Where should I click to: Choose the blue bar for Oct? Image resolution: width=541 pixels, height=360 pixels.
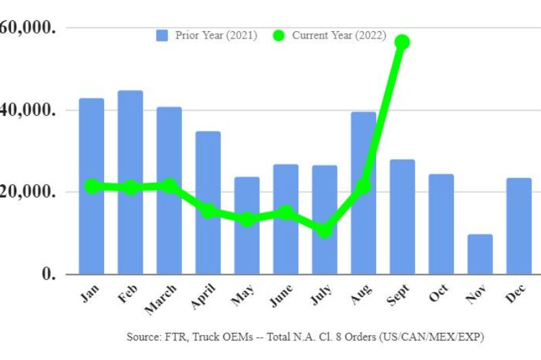pyautogui.click(x=441, y=224)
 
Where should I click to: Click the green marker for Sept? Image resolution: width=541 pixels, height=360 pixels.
pyautogui.click(x=402, y=42)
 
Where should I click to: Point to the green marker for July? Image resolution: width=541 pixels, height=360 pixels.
pyautogui.click(x=325, y=231)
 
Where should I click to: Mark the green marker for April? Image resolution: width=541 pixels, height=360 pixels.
pyautogui.click(x=208, y=211)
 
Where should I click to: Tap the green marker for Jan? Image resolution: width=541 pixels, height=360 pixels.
pyautogui.click(x=91, y=186)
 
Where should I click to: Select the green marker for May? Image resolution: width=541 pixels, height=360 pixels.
pyautogui.click(x=247, y=219)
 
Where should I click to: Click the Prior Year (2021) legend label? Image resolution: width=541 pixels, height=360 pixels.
pyautogui.click(x=216, y=35)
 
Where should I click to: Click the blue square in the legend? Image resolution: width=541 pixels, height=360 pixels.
pyautogui.click(x=162, y=35)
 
